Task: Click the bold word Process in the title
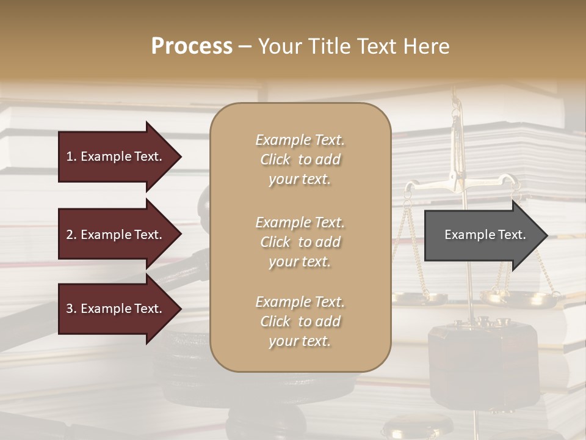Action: coord(192,46)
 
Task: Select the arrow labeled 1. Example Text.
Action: coord(116,156)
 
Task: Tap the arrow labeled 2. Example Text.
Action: coord(116,235)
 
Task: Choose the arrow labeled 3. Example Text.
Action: coord(116,309)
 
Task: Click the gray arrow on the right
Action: coord(482,235)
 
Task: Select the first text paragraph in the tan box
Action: coord(300,159)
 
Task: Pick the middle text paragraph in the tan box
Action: coord(300,242)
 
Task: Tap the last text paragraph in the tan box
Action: coord(300,321)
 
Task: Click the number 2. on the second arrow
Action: coord(71,235)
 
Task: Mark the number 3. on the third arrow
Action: coord(71,309)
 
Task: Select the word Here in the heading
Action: coord(427,46)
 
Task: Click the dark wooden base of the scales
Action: coord(482,354)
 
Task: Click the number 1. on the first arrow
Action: coord(71,156)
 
